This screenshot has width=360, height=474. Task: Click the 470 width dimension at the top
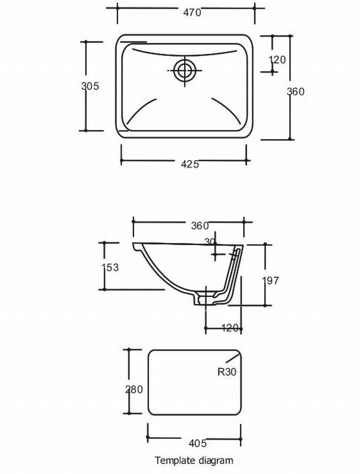(192, 11)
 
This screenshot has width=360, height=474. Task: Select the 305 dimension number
(90, 86)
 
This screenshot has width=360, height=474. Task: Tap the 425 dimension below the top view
(190, 164)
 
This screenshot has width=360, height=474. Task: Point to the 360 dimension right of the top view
(295, 92)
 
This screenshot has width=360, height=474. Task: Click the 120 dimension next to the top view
(277, 60)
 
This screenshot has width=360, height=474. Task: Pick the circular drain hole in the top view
(184, 70)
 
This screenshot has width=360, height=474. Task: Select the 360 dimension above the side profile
(200, 225)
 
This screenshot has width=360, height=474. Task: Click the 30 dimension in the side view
(210, 241)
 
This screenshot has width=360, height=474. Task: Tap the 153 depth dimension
(110, 267)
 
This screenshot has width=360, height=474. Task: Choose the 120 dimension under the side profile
(230, 328)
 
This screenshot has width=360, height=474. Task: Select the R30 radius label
(226, 372)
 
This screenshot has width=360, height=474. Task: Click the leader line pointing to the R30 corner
(232, 358)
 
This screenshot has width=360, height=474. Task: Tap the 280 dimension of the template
(134, 389)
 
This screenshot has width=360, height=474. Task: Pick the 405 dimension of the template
(197, 443)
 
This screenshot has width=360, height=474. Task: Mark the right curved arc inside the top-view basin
(226, 109)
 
